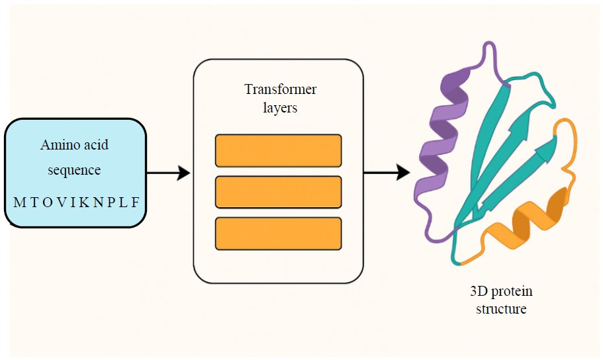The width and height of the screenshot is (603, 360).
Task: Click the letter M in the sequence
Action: point(19,202)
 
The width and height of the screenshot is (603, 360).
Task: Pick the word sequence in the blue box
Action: point(73,170)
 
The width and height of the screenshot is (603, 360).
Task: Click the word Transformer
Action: point(280,89)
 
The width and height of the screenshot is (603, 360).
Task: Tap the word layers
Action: point(280,107)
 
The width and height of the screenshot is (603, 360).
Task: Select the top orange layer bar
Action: point(278,150)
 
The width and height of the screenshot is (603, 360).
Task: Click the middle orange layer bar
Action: point(278,192)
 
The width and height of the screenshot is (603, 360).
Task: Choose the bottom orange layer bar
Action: point(278,234)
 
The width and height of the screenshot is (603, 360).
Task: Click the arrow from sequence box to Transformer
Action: point(168,173)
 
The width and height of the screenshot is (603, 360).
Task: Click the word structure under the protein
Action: point(501,309)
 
